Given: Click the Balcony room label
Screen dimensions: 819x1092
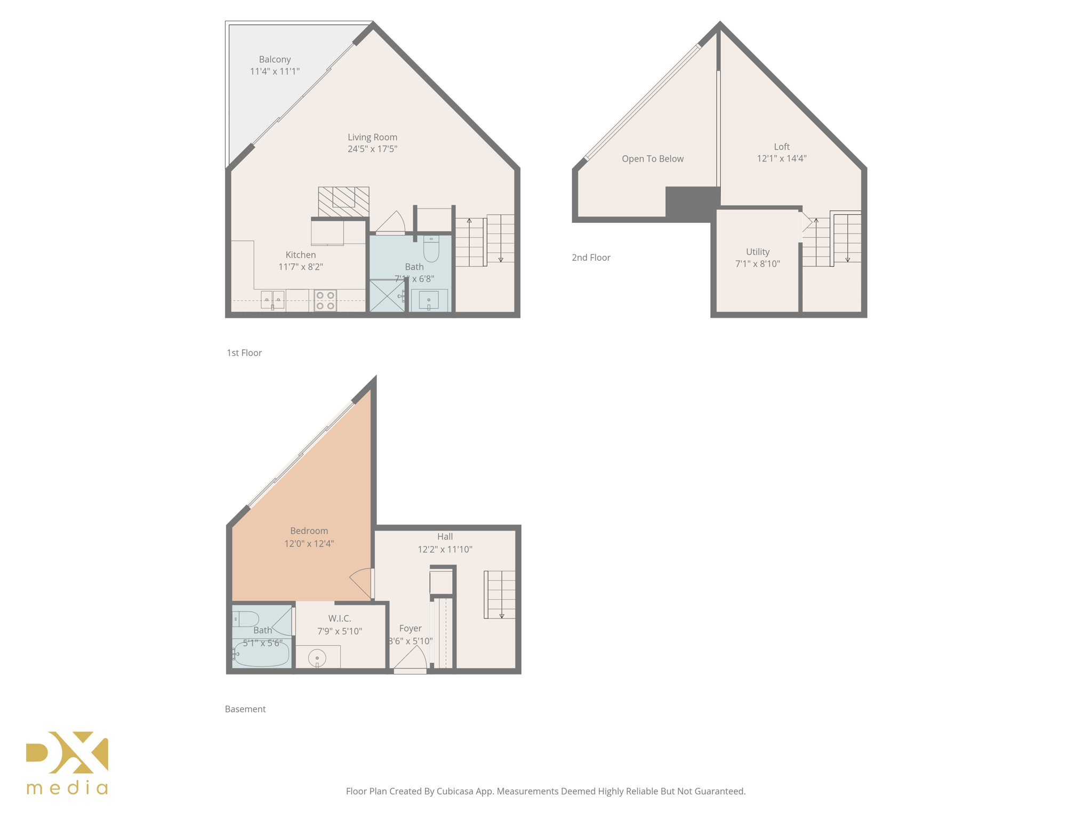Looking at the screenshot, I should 275,59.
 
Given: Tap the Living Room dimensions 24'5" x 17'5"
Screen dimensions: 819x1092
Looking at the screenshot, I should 372,149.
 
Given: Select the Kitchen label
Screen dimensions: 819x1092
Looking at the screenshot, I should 301,255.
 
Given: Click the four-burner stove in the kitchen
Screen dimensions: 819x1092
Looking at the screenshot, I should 325,300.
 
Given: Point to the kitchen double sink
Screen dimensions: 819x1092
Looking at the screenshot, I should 272,300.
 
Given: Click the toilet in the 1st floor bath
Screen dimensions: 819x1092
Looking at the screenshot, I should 431,248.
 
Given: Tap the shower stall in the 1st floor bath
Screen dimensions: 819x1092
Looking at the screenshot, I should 387,295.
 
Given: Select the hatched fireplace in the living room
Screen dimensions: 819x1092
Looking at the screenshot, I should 343,201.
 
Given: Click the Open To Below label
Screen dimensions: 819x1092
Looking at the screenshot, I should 653,159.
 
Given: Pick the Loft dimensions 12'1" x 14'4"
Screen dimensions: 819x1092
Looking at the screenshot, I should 782,158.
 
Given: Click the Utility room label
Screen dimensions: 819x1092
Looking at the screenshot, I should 758,252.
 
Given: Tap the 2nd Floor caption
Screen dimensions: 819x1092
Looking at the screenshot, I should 591,258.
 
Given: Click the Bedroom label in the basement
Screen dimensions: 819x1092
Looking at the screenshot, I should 309,531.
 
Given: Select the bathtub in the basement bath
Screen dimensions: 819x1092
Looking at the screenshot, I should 262,654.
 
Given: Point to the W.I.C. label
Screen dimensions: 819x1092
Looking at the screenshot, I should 340,619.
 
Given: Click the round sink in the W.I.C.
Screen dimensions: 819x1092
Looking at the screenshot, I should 317,658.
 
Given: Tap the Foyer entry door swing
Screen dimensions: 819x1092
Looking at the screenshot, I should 412,659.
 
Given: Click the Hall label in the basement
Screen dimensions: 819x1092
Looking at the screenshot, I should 445,536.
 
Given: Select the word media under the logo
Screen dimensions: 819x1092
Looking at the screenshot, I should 67,788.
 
